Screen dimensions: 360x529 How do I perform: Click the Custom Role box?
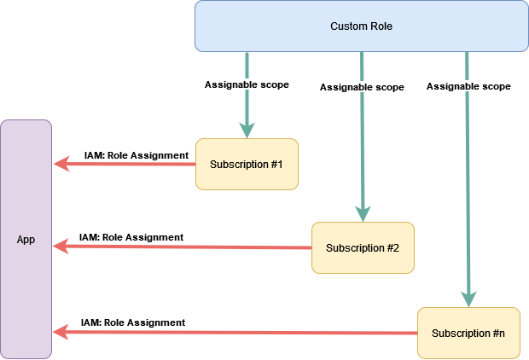point(361,26)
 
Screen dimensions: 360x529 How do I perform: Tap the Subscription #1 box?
point(247,163)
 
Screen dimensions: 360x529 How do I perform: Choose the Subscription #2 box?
point(363,247)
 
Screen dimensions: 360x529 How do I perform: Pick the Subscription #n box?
point(468,333)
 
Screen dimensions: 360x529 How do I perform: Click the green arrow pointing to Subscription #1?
point(247,111)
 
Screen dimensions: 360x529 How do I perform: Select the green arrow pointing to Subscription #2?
point(363,154)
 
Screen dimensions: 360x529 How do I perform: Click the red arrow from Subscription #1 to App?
point(128,164)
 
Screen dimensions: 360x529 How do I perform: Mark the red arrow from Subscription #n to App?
point(239,333)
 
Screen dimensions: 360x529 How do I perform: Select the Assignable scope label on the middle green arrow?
point(362,87)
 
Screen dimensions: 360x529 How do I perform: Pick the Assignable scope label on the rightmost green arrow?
point(468,86)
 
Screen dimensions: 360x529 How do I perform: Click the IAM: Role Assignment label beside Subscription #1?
point(136,155)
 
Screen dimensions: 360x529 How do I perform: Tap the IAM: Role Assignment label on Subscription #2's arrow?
point(131,237)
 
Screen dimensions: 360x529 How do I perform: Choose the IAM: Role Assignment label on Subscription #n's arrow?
point(133,322)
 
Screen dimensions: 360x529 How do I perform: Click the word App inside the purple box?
point(26,240)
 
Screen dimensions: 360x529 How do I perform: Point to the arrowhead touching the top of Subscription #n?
point(468,299)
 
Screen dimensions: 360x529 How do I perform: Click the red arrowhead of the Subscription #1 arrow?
point(61,164)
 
